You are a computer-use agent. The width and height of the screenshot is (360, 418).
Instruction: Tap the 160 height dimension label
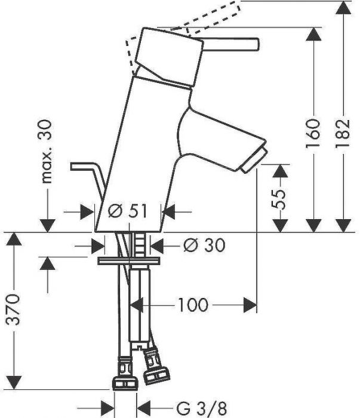313,133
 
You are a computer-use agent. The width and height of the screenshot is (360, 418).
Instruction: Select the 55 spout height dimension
278,199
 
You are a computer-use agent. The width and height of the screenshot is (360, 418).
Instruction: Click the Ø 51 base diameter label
128,211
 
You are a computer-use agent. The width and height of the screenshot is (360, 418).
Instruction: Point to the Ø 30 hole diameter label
204,245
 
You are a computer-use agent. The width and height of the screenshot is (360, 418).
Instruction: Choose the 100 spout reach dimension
193,305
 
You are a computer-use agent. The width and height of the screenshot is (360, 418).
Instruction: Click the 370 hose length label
13,310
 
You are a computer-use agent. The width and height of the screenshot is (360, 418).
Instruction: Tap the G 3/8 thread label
202,408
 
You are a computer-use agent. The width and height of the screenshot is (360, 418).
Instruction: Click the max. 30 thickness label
47,152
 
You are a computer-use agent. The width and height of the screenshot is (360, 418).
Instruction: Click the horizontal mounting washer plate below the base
129,261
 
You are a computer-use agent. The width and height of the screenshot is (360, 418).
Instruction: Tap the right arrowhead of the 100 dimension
250,305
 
